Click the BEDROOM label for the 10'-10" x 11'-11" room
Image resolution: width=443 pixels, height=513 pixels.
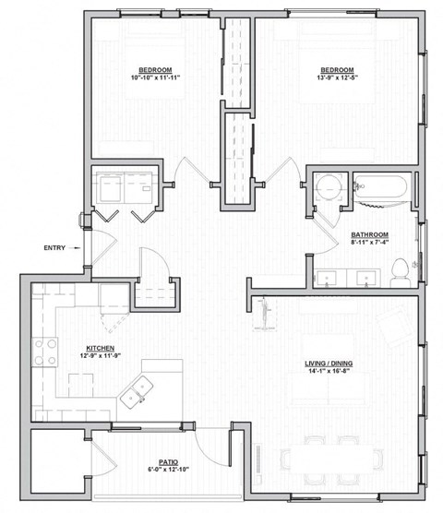(x=153, y=70)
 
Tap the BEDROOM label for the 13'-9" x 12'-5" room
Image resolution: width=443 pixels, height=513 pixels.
(x=337, y=70)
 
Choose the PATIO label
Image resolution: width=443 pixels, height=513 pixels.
(x=168, y=461)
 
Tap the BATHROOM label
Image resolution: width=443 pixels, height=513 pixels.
(x=369, y=234)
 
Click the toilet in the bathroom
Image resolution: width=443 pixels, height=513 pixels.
(x=400, y=270)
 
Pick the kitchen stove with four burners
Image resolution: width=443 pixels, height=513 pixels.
(x=45, y=352)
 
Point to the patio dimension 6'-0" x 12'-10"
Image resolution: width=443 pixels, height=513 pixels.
(x=168, y=470)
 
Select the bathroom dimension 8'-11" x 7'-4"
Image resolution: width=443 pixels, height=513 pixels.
(x=369, y=243)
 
